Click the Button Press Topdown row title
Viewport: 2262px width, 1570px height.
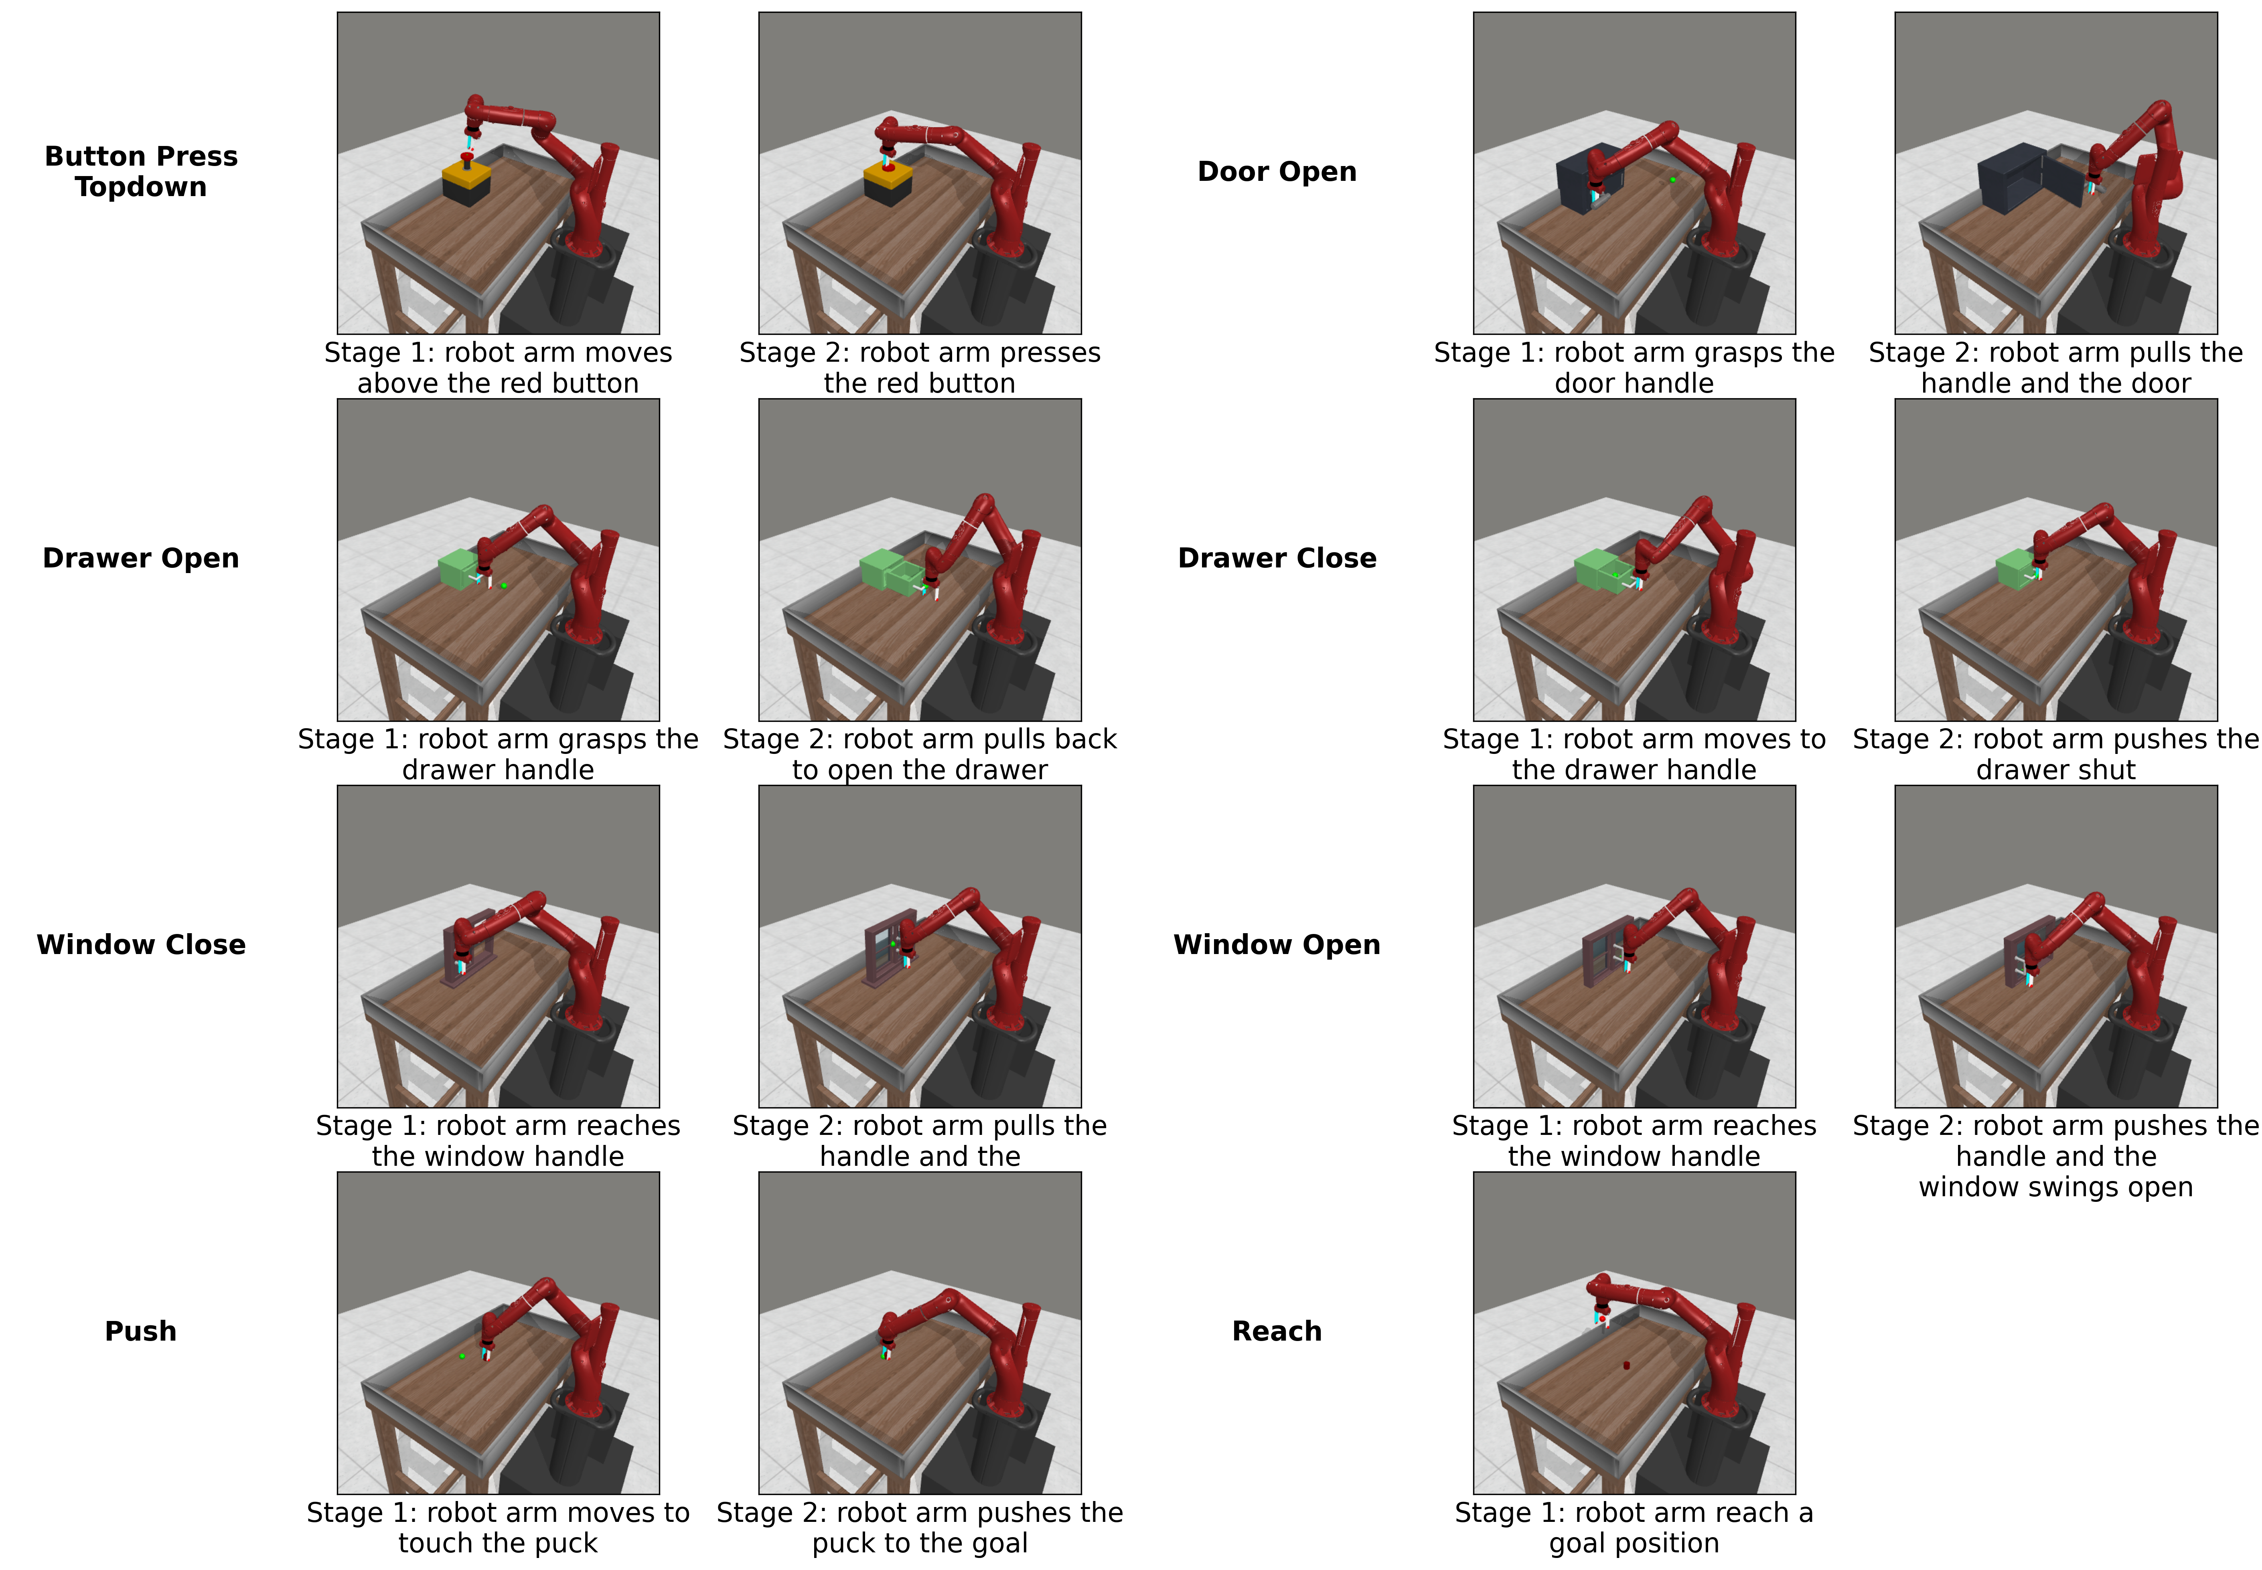pos(141,171)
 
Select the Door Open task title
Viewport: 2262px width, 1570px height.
pos(1276,171)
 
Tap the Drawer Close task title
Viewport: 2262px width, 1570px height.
pos(1276,558)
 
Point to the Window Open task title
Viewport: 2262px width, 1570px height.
pos(1276,944)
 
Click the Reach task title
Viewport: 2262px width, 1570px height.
pos(1276,1331)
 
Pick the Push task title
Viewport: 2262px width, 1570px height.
pos(141,1331)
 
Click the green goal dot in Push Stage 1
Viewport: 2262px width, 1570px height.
pos(462,1355)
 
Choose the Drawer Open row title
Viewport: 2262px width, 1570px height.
pos(141,558)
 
